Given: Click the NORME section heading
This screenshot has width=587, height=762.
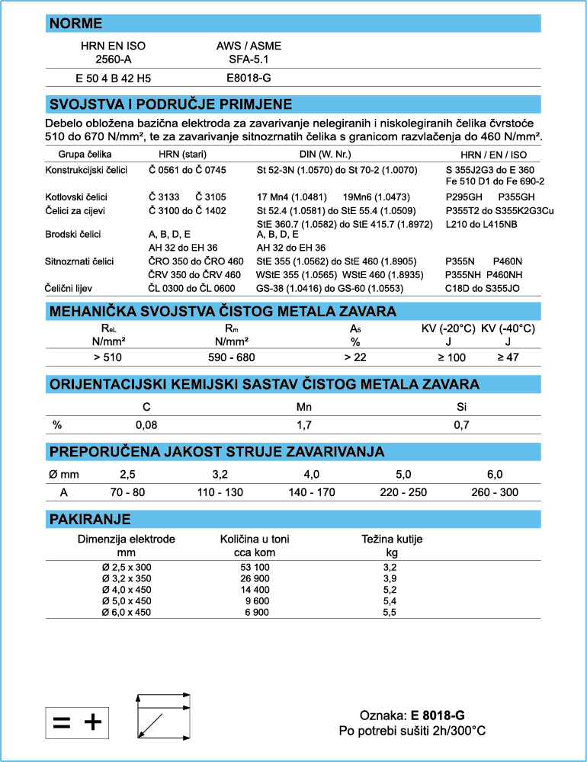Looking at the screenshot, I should pos(76,24).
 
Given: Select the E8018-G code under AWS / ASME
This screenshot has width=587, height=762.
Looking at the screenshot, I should pos(249,78).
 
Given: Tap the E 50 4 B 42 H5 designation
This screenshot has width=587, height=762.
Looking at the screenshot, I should pos(113,78).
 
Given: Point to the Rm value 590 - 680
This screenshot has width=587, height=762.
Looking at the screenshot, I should pos(232,357).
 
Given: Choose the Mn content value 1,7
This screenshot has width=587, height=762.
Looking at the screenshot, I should pos(304,424).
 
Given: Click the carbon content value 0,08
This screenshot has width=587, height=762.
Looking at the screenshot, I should pos(146,424).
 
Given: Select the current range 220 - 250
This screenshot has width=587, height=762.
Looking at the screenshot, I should pos(403,492).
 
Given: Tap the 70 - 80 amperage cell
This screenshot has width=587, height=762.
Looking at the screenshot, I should pos(127,492).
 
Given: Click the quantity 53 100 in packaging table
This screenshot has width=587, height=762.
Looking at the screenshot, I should pos(255,567).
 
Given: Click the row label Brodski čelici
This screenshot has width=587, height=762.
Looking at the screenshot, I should pos(73,234).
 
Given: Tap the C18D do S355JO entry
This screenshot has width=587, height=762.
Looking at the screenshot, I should pos(483,288).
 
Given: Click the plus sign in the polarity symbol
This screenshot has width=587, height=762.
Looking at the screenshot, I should pos(92,721).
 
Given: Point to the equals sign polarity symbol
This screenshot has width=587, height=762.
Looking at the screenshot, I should pos(62,721).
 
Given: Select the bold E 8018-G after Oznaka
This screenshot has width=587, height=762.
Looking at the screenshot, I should pos(438,715).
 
